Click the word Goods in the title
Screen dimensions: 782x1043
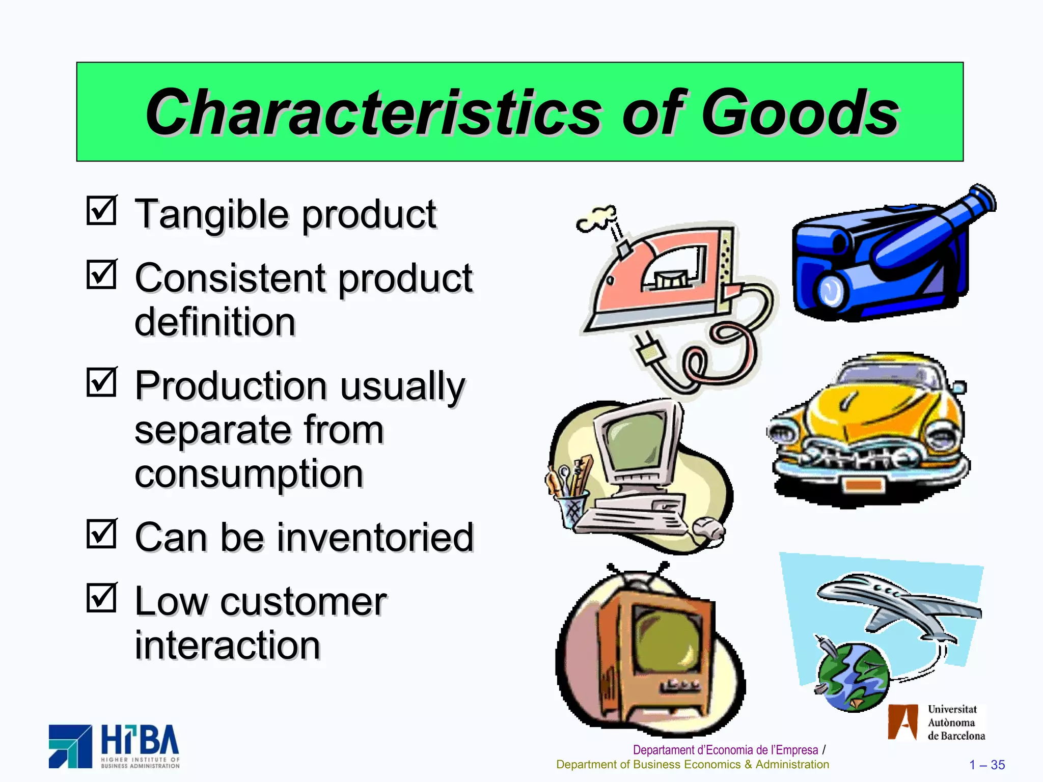click(800, 113)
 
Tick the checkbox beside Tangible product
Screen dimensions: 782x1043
click(101, 211)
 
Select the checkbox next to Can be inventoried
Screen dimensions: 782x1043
click(101, 534)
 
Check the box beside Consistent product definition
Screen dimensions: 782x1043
click(101, 275)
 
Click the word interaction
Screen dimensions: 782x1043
click(228, 646)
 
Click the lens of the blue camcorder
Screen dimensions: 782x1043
click(831, 290)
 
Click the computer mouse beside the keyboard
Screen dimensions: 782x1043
click(709, 529)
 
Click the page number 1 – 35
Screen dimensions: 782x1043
click(987, 765)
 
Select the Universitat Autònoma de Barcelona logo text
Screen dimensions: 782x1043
click(955, 722)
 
